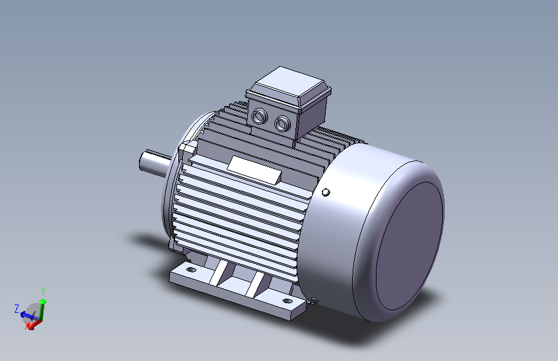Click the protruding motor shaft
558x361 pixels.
click(x=154, y=163)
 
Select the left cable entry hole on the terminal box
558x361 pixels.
click(x=259, y=116)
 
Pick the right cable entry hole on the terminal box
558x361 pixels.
click(x=282, y=123)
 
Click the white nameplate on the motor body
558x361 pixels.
click(x=254, y=170)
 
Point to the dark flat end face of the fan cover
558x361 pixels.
click(x=409, y=246)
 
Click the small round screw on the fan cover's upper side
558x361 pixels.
click(x=326, y=192)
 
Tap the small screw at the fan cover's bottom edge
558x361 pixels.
click(x=313, y=301)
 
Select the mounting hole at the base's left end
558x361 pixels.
click(x=191, y=270)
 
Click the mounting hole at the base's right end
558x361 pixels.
click(x=287, y=301)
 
